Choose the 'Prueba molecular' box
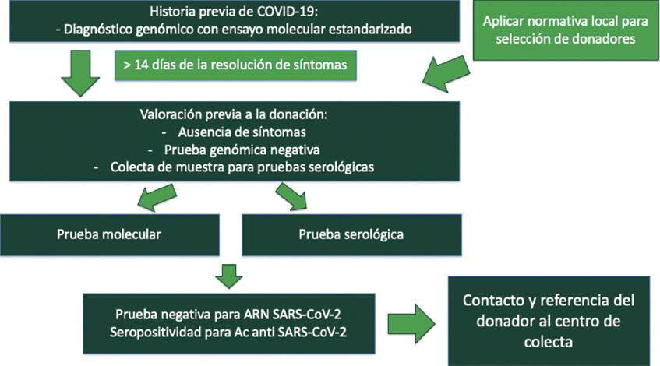(x=110, y=233)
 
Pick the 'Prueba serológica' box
(x=351, y=233)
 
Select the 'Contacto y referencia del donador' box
(x=549, y=320)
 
